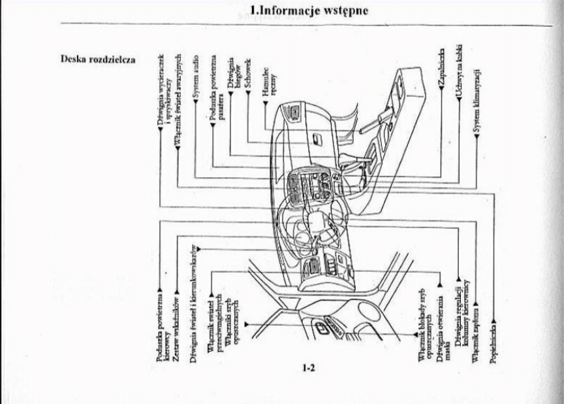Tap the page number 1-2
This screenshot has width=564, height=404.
tap(309, 367)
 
